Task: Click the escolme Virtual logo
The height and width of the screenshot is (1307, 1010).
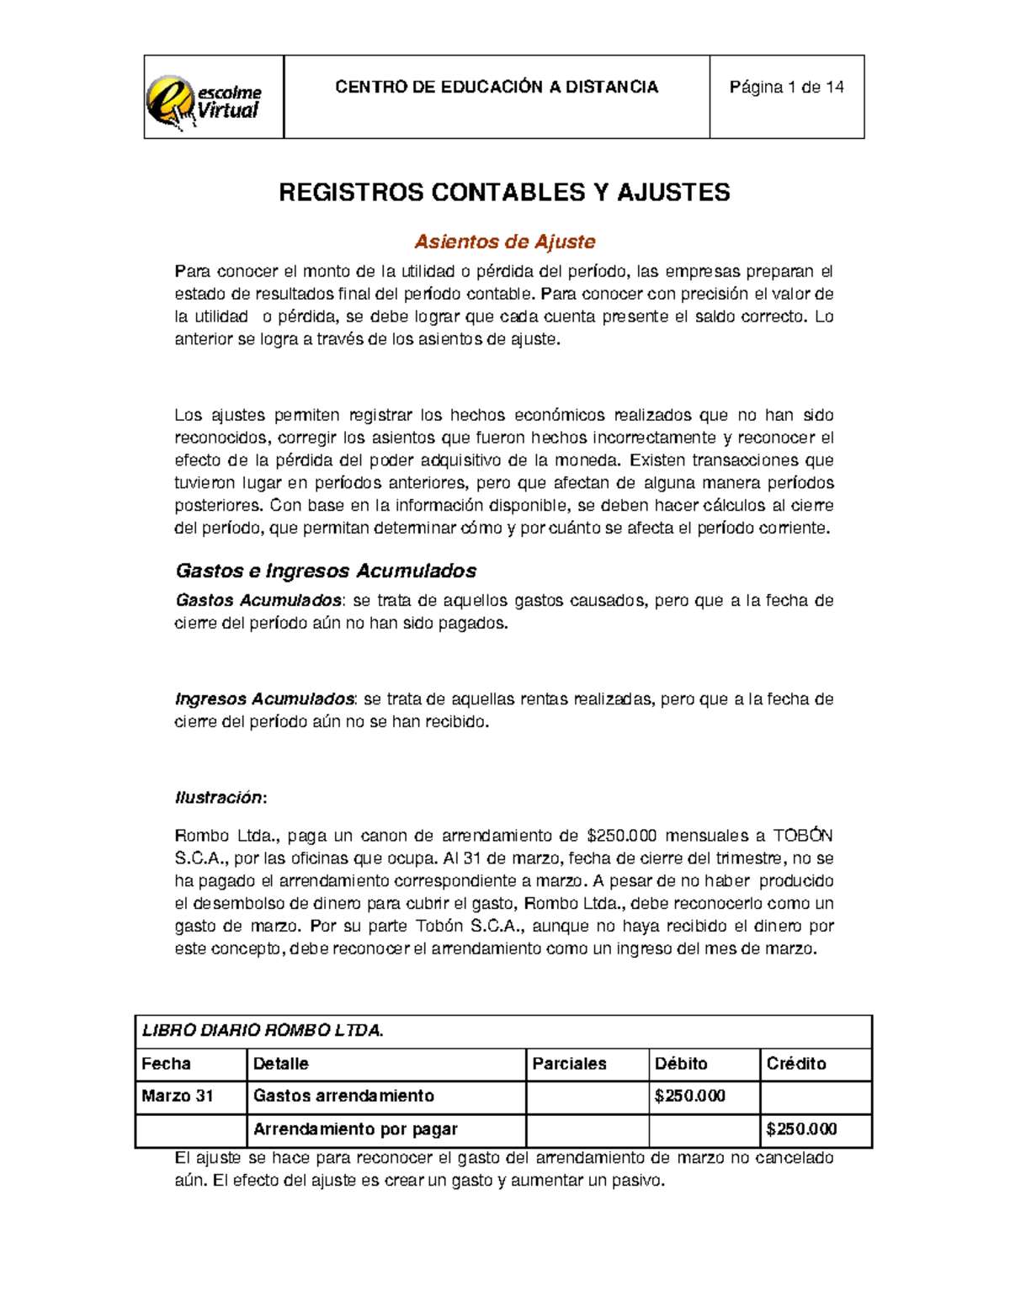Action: [x=205, y=99]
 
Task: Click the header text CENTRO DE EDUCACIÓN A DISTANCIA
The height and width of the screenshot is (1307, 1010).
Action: [x=497, y=88]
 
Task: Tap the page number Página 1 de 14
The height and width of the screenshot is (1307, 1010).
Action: [x=786, y=88]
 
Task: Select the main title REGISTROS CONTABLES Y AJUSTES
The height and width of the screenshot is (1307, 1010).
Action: [x=504, y=193]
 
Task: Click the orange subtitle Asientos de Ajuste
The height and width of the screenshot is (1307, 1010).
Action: [x=504, y=242]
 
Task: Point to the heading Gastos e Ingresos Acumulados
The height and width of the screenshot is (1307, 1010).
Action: [x=326, y=571]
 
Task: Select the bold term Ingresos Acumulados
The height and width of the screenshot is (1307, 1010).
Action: [x=264, y=699]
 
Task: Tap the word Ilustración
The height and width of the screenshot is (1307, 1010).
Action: [x=219, y=798]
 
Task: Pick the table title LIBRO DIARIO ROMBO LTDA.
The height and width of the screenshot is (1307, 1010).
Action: [x=263, y=1031]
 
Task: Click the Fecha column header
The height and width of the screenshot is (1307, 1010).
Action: [x=167, y=1064]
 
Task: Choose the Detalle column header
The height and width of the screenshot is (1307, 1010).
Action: [x=281, y=1064]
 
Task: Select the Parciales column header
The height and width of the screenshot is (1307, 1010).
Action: [x=569, y=1064]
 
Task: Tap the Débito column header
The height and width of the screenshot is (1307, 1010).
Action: [x=681, y=1064]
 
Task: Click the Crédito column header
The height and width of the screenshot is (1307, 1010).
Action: [x=796, y=1064]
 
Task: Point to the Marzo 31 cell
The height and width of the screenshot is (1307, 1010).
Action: [x=178, y=1097]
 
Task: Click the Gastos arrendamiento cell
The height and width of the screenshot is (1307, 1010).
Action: [x=343, y=1097]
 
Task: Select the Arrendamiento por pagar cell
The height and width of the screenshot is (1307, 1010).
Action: [x=355, y=1129]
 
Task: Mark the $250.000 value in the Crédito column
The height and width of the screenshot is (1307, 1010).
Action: [x=801, y=1129]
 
